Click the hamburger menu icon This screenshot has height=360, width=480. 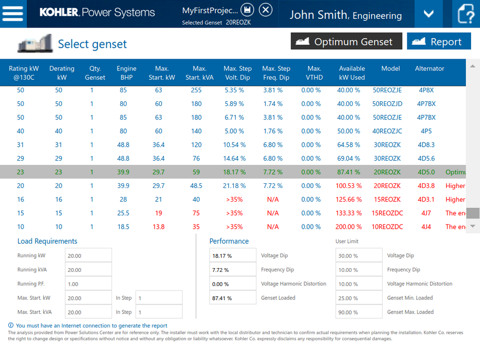13,13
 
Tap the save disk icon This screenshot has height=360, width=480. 247,9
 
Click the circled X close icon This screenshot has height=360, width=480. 265,9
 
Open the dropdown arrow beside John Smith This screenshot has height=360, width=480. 428,14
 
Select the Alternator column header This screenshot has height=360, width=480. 429,68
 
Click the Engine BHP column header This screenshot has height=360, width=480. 127,73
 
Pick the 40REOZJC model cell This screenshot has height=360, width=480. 387,131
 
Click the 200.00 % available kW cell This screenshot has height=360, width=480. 349,227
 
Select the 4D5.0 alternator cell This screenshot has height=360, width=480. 426,172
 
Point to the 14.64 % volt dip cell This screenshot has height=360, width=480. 235,158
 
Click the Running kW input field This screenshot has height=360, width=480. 88,255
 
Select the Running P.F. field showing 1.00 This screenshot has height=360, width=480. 88,284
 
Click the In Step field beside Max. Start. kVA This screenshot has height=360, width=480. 158,312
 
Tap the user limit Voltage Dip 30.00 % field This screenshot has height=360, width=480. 359,255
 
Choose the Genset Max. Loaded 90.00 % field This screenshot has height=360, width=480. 359,312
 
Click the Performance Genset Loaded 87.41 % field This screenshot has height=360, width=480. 232,298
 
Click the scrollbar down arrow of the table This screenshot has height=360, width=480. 473,226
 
